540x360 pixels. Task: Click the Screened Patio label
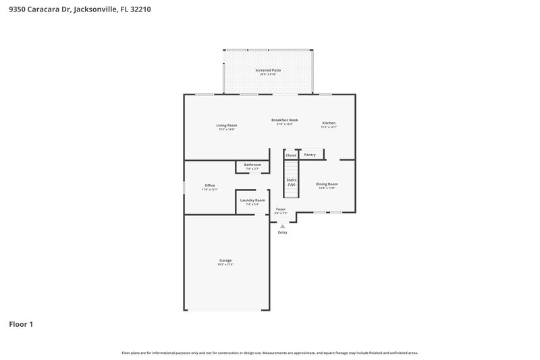(268, 70)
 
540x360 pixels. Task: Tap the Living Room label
(226, 125)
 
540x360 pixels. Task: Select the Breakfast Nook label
(284, 120)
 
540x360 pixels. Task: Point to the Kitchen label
(329, 123)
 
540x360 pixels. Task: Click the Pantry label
(310, 155)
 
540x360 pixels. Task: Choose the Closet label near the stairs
(291, 155)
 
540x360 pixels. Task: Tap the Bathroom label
(252, 164)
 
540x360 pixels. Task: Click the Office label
(210, 185)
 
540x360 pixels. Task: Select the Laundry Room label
(252, 200)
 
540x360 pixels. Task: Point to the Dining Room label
(327, 184)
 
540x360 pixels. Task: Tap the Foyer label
(281, 209)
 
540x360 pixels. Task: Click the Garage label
(225, 260)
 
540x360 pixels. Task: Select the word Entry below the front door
(282, 232)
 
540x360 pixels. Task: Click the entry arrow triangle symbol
(282, 226)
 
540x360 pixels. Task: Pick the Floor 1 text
(21, 324)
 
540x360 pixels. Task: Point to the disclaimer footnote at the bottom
(269, 353)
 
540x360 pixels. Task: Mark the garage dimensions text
(225, 264)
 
